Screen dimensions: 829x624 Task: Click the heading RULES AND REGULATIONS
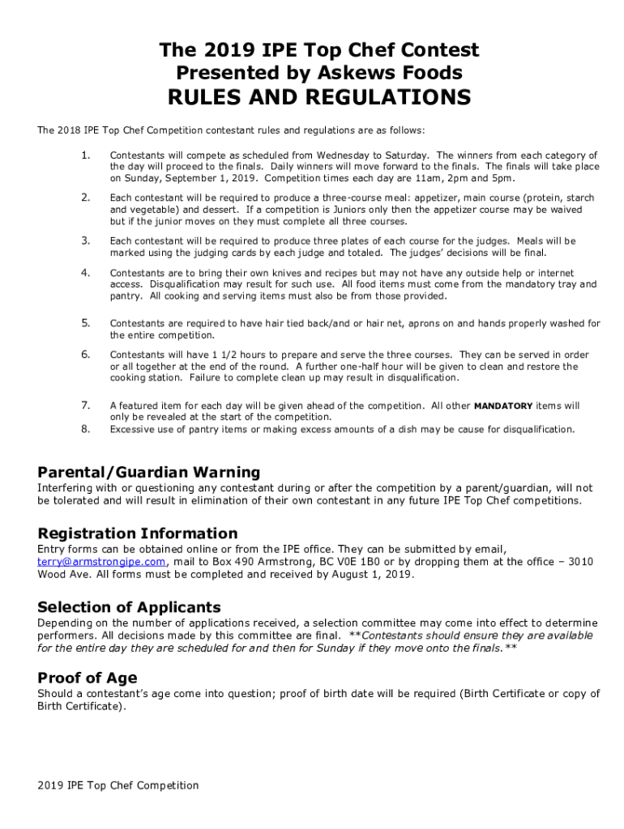(318, 98)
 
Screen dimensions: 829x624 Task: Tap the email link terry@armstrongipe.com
(102, 562)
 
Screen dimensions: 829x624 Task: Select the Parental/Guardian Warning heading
(148, 472)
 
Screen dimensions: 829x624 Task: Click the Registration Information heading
(138, 534)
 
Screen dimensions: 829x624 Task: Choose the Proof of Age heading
(87, 678)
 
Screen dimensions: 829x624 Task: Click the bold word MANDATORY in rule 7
(502, 406)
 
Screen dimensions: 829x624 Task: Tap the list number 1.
(85, 155)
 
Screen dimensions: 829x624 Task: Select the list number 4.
(85, 273)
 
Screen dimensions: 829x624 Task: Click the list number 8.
(85, 429)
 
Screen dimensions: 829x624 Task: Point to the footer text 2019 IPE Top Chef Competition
(118, 785)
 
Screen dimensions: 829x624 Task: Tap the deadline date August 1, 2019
(365, 575)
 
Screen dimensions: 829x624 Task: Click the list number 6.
(85, 355)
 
